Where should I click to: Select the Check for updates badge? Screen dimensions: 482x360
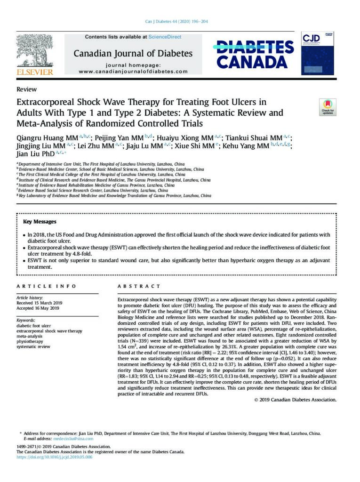[328, 107]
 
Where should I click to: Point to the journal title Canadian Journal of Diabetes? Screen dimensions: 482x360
[133, 53]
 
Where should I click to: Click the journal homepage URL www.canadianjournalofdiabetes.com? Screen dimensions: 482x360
[133, 72]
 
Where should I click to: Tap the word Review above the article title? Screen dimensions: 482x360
[26, 89]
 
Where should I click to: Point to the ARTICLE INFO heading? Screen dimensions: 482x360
[43, 286]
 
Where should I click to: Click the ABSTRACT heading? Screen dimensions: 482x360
[139, 286]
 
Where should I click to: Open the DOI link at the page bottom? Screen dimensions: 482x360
[55, 457]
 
